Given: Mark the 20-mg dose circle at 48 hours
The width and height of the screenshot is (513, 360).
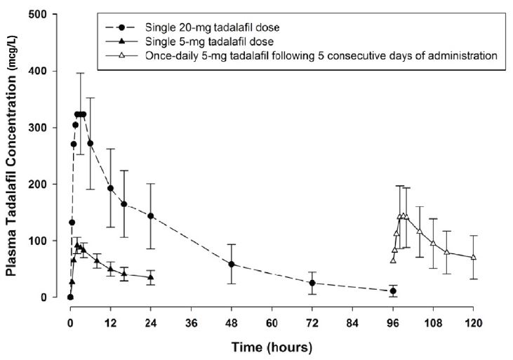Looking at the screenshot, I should pyautogui.click(x=232, y=265).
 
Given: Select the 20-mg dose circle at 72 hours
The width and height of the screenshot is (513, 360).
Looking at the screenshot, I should pyautogui.click(x=312, y=284).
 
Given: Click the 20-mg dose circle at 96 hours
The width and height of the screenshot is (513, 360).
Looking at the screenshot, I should pyautogui.click(x=393, y=291).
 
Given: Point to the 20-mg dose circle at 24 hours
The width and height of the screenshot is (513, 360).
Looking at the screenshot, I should pyautogui.click(x=151, y=216).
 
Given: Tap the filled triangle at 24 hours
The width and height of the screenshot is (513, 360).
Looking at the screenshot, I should pyautogui.click(x=151, y=277).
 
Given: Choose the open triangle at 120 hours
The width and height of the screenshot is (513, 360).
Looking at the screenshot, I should pyautogui.click(x=473, y=258).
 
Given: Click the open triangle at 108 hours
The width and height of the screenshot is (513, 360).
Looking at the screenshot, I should pyautogui.click(x=433, y=244).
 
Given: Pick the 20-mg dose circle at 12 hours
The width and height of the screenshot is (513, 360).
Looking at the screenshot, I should pyautogui.click(x=110, y=188).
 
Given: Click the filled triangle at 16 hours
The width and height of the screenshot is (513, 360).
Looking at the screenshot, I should pyautogui.click(x=124, y=274).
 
